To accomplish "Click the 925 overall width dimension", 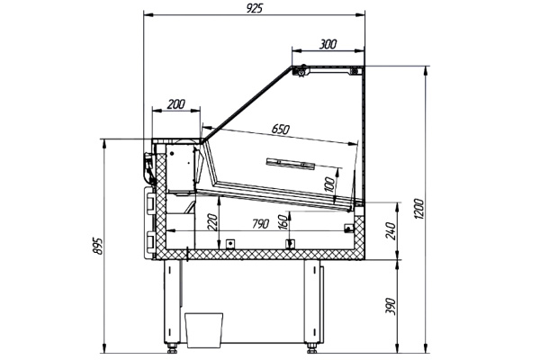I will (254, 8).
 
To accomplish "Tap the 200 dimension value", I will (175, 104).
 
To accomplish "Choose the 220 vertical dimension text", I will (212, 223).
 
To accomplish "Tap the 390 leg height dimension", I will (389, 310).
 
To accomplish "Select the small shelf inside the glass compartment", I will (291, 163).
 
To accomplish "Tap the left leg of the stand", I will (171, 301).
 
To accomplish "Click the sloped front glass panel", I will (247, 101).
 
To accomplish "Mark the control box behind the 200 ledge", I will (181, 168).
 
